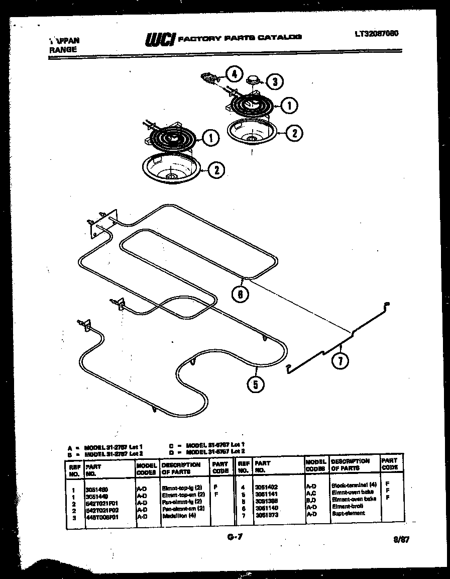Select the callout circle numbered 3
274,81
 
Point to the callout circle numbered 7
340,361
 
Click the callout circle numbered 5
255,385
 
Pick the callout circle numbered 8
241,295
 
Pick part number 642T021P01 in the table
101,502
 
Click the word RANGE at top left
63,49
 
